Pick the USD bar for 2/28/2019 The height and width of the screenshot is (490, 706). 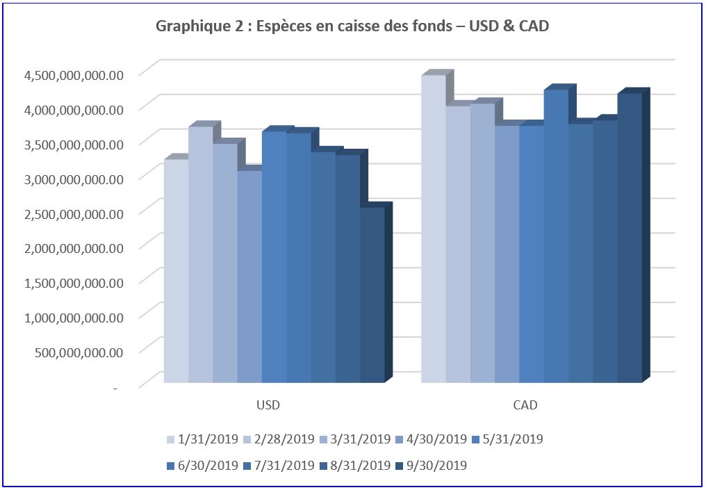(200, 254)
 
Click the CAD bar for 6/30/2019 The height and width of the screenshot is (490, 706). (556, 236)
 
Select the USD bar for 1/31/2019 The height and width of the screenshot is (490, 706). (176, 271)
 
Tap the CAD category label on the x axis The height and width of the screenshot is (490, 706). (525, 405)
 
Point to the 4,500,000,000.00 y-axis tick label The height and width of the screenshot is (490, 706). (73, 74)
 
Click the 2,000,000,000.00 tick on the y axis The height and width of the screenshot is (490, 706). (73, 247)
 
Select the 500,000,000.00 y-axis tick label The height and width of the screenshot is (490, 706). (79, 351)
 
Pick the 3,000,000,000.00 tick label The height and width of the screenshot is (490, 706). (73, 178)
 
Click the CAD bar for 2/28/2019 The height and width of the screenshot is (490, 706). (458, 243)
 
